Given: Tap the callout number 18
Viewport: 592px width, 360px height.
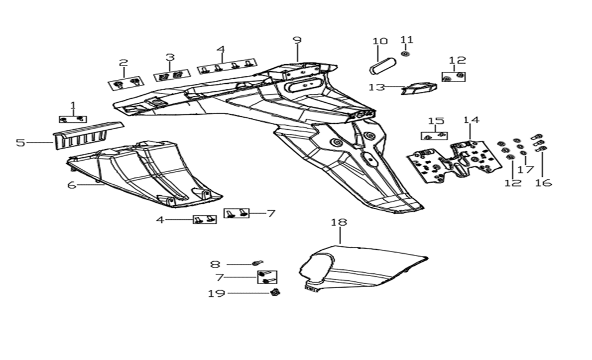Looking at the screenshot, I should pos(340,222).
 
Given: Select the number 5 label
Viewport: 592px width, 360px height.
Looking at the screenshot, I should pos(21,142).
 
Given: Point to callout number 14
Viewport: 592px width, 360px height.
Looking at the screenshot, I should pos(471,120).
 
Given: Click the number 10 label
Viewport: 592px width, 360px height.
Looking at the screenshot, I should pos(380,41).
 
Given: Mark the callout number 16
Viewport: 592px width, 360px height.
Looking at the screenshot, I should pos(543,183).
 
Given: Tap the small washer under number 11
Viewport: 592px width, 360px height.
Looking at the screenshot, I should pos(406,54).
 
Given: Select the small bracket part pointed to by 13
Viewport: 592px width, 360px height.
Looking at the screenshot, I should pos(420,88).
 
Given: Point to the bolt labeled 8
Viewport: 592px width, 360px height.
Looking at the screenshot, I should pos(256,264).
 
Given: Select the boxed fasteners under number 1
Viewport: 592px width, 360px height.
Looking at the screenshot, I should pos(73,119).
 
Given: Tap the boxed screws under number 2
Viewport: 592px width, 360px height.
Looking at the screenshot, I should pos(126,83).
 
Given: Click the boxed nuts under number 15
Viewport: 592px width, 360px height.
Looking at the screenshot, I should pos(435,136).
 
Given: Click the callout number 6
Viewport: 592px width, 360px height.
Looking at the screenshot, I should pos(71,185).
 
